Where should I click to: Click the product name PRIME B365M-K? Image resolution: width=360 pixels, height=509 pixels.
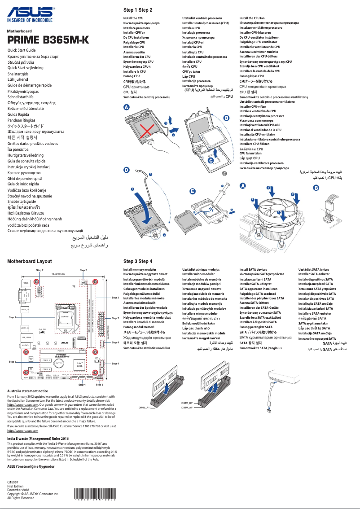[x=48, y=40]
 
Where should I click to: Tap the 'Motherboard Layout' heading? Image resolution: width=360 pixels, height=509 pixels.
[x=30, y=261]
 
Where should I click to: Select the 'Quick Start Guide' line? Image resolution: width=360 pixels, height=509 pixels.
[x=22, y=50]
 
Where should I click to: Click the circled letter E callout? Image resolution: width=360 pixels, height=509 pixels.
[x=193, y=191]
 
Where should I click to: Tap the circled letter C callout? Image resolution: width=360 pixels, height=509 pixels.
[x=211, y=160]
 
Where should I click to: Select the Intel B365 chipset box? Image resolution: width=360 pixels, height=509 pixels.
[x=79, y=365]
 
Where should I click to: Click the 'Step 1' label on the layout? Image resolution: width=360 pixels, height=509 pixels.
[x=12, y=317]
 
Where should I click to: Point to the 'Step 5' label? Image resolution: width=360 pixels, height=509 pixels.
[x=12, y=361]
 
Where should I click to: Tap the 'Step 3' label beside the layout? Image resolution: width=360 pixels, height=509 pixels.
[x=115, y=298]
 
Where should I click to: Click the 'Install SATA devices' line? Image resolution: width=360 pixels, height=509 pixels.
[x=254, y=269]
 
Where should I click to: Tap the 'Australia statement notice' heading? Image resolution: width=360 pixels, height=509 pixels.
[x=31, y=391]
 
